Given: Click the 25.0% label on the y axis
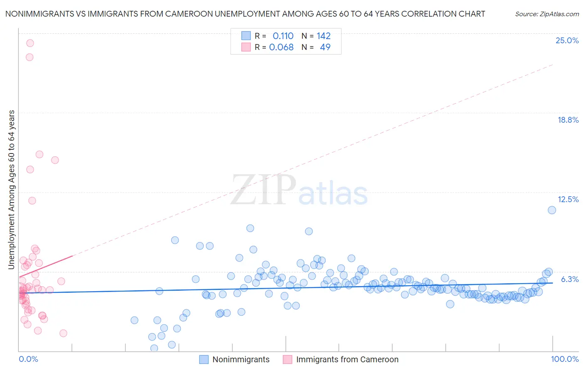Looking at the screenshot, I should click(567, 40).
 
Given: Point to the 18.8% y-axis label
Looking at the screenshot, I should click(568, 120).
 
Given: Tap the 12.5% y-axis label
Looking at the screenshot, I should click(568, 199).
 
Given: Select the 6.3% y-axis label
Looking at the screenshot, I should click(569, 279).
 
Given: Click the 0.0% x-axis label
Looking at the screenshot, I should click(28, 359).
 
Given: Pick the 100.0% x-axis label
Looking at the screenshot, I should click(564, 359).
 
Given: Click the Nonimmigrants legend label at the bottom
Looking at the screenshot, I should click(241, 359).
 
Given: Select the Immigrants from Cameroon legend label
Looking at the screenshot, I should click(347, 359).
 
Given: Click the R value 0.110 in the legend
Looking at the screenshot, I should click(283, 36).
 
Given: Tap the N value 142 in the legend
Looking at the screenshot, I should click(324, 36).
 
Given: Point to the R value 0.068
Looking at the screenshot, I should click(281, 47).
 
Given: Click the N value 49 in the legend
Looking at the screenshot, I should click(325, 47).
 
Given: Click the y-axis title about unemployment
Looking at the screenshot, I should click(11, 189).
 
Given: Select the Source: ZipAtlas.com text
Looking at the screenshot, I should click(547, 14).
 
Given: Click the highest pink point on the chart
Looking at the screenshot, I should click(30, 43).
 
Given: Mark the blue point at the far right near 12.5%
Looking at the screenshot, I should click(552, 210).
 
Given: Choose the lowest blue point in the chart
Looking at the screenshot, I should click(154, 348).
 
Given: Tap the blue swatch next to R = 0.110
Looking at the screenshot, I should click(246, 36).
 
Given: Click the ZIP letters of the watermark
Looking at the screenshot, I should click(263, 190).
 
